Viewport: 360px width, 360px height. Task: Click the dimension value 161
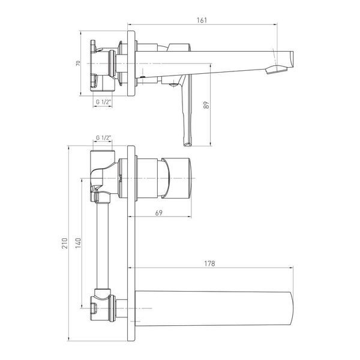pos(202,20)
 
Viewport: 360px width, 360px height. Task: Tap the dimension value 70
pos(78,63)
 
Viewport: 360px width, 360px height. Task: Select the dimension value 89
pos(206,105)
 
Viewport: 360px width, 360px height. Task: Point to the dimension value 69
pos(159,213)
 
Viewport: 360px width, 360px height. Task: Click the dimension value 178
pos(209,263)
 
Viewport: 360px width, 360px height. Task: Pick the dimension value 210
pos(65,243)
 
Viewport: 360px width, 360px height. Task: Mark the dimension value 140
pos(78,243)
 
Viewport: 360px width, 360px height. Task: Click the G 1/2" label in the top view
pos(104,102)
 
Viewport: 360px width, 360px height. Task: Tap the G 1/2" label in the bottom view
pos(104,138)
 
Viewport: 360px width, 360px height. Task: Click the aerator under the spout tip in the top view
pos(277,70)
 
